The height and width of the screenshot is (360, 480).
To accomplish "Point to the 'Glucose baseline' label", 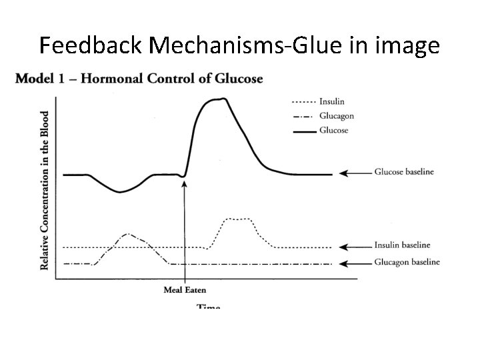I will click(405, 172).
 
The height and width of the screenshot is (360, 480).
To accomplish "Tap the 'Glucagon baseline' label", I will click(407, 262).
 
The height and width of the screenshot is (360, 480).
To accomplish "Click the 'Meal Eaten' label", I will click(185, 289).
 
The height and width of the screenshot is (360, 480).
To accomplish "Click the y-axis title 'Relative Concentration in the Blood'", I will click(45, 190).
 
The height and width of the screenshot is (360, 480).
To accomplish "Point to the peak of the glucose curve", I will click(217, 99).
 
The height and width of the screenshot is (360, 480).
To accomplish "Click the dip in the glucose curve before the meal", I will click(120, 192).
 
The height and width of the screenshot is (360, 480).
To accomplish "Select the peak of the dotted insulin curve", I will click(238, 219).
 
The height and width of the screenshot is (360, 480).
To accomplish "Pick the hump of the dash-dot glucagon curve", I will click(128, 234).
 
